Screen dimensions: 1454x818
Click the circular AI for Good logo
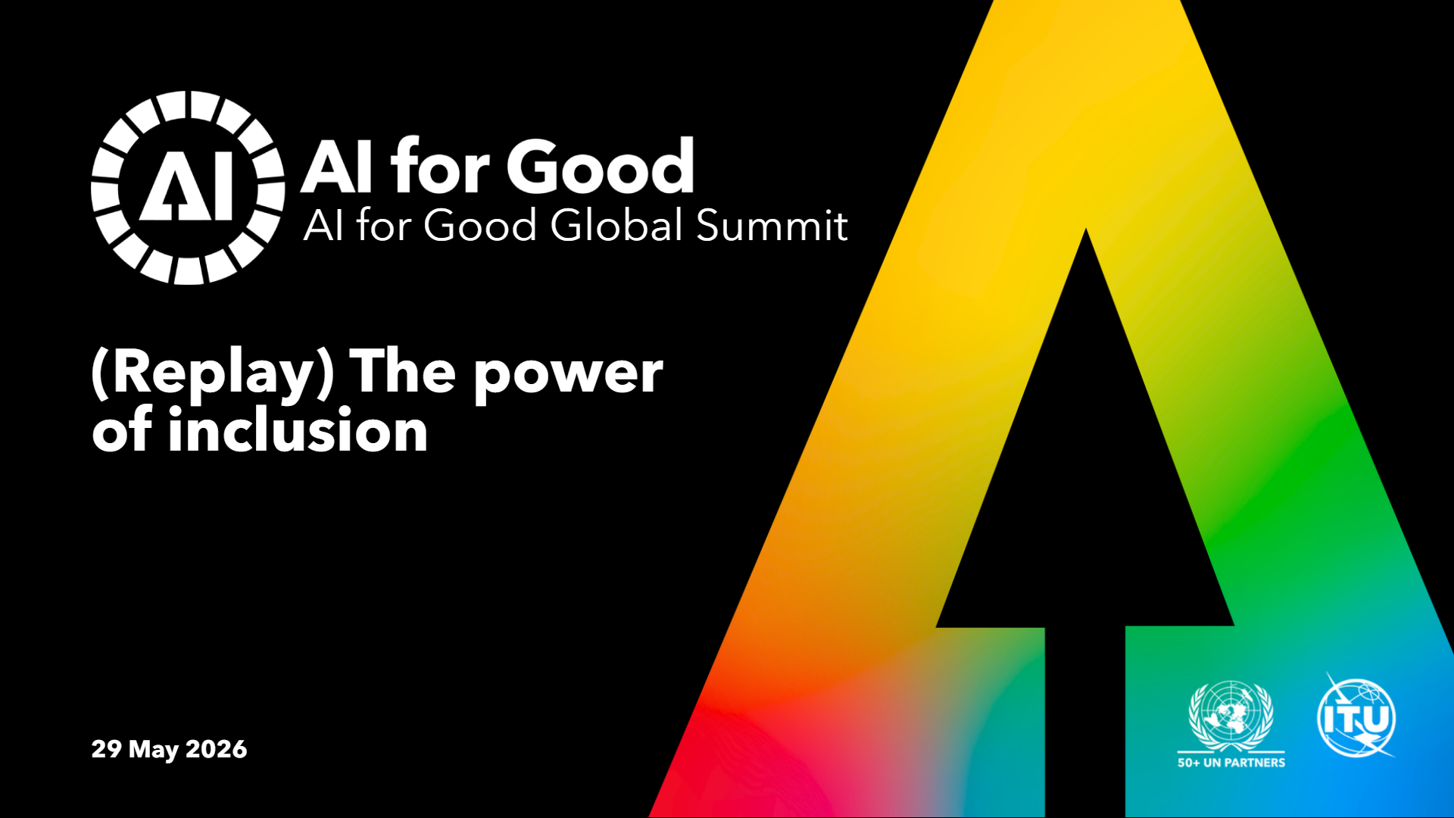pyautogui.click(x=188, y=188)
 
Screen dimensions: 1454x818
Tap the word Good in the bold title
pyautogui.click(x=601, y=166)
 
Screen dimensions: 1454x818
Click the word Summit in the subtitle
pyautogui.click(x=771, y=225)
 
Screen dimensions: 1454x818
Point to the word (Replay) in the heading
pyautogui.click(x=213, y=373)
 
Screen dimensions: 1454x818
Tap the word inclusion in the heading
pyautogui.click(x=298, y=429)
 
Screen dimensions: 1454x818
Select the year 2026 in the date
pyautogui.click(x=217, y=748)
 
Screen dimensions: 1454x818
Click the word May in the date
pyautogui.click(x=154, y=750)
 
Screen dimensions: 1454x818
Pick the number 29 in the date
pyautogui.click(x=107, y=748)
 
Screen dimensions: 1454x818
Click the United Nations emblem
pyautogui.click(x=1231, y=716)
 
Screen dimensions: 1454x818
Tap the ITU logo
pyautogui.click(x=1356, y=717)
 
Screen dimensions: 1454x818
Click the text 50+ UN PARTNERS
pyautogui.click(x=1231, y=763)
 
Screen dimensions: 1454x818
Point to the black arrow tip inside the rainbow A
pyautogui.click(x=1086, y=229)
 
